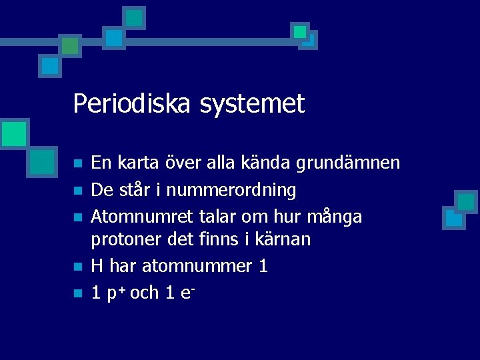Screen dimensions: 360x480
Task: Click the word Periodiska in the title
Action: (121, 105)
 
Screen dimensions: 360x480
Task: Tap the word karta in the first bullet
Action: (136, 163)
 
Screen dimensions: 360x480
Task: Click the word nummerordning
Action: (231, 191)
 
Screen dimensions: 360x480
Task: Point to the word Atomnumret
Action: (141, 217)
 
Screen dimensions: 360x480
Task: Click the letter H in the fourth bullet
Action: (97, 267)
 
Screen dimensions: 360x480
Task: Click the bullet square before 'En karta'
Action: (78, 163)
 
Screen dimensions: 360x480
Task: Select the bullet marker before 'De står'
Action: (78, 191)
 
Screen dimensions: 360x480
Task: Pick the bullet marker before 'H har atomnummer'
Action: (78, 267)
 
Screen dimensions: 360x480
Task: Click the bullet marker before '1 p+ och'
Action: (78, 293)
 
